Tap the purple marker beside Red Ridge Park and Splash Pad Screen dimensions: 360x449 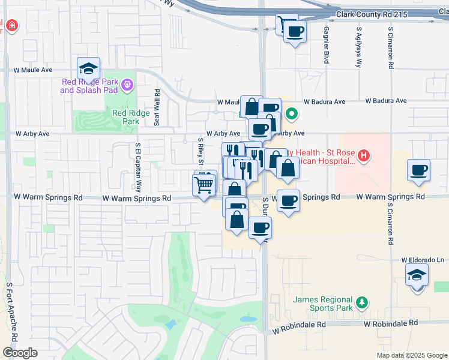pos(127,86)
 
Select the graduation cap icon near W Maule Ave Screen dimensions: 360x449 pos(88,68)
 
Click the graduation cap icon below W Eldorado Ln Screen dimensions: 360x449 pos(417,275)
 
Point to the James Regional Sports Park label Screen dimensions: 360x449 pos(322,304)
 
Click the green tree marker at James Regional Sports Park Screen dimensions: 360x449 pos(361,301)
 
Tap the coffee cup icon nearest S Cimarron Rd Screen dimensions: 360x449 pos(418,170)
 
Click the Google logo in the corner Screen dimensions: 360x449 pos(20,353)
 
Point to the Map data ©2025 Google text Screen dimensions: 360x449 pos(412,355)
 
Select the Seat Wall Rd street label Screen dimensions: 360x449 pos(157,107)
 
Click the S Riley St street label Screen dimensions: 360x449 pos(200,152)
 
